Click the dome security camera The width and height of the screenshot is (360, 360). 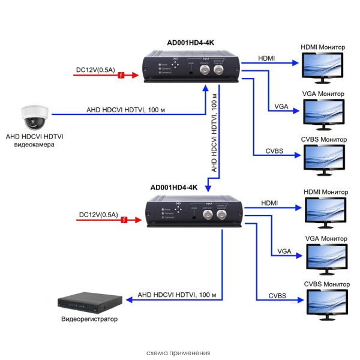[34, 117]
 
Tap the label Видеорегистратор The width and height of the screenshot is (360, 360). [89, 319]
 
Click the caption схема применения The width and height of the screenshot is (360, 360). [178, 353]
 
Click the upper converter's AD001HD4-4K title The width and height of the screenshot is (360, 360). [190, 43]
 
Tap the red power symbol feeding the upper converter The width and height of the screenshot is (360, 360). [122, 75]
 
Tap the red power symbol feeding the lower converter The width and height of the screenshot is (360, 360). [124, 220]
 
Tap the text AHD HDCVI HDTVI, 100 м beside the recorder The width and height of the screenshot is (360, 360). [176, 295]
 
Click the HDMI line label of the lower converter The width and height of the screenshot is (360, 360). [269, 203]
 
